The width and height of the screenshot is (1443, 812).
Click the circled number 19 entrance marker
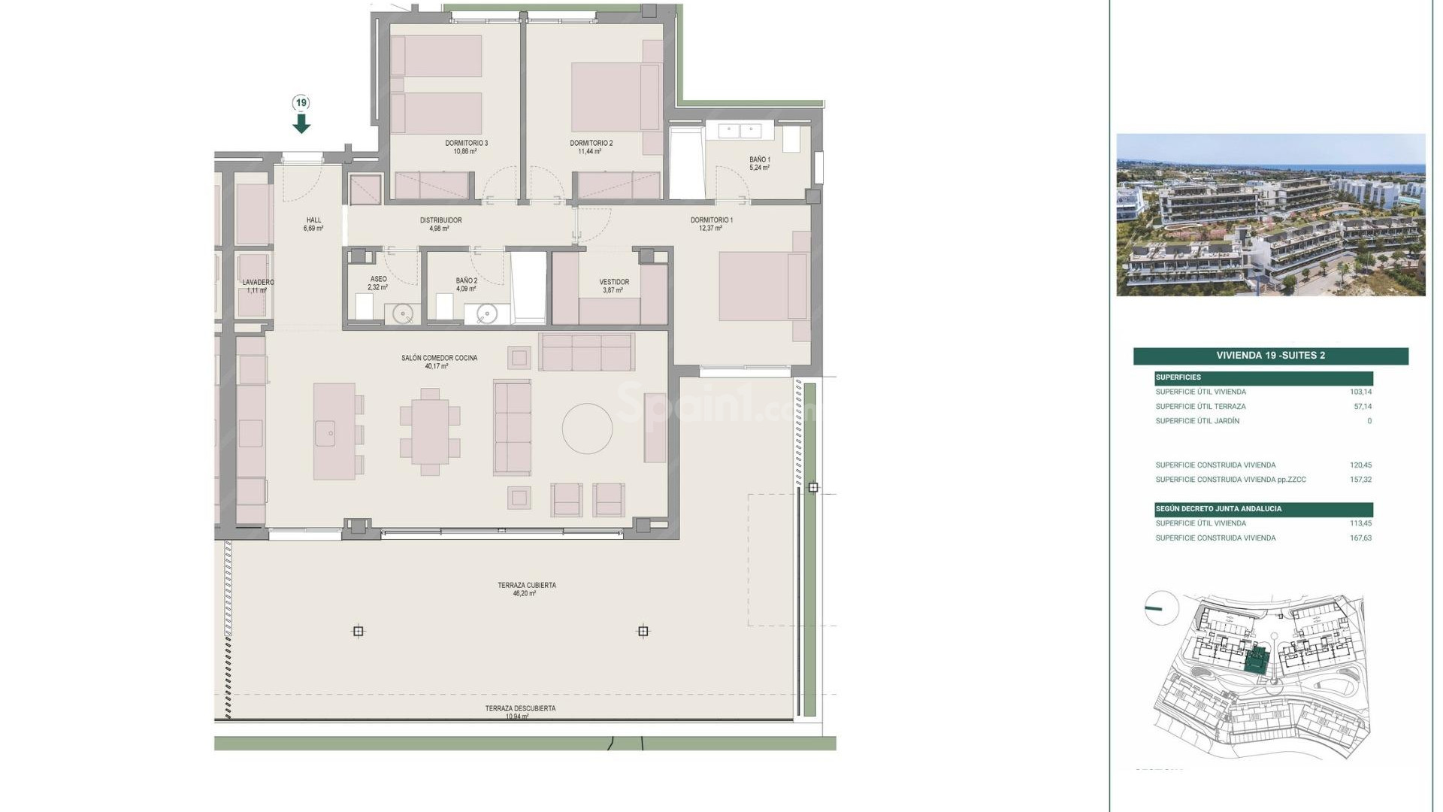(x=301, y=103)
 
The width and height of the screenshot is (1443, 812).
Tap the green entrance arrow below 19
(x=301, y=123)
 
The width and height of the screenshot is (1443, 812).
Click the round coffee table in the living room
(x=587, y=429)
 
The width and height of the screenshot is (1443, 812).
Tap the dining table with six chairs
(x=430, y=432)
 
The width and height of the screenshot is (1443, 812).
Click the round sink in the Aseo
(x=404, y=314)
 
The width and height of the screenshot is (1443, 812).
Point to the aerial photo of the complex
(x=1270, y=215)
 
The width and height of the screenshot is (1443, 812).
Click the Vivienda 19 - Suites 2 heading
(x=1270, y=356)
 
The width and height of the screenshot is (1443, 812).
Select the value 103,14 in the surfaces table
(x=1360, y=392)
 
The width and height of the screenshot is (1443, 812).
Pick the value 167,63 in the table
(x=1360, y=538)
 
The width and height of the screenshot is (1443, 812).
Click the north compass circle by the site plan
(x=1161, y=607)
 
